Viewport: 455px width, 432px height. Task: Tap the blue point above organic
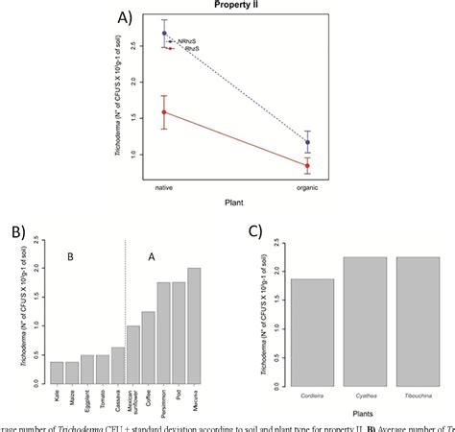[x=307, y=142]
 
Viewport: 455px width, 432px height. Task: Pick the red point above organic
[x=307, y=165]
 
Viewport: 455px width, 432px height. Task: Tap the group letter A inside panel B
[x=151, y=256]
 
